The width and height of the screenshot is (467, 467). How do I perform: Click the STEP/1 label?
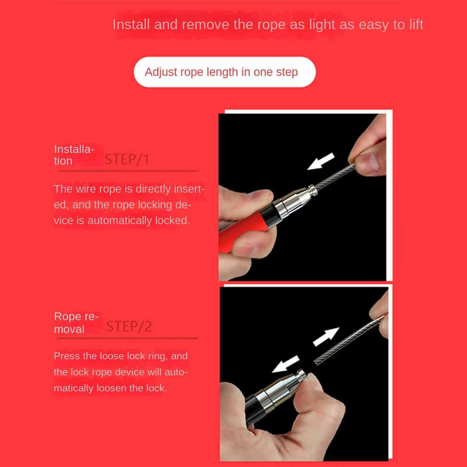tap(127, 160)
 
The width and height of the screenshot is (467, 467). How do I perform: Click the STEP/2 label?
tap(129, 327)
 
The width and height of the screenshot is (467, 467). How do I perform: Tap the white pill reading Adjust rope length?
tap(224, 72)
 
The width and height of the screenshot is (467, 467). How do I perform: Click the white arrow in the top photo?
tap(321, 161)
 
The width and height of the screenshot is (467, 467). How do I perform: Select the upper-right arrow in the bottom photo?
tap(326, 336)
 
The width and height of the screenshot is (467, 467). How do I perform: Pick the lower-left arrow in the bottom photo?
tap(286, 364)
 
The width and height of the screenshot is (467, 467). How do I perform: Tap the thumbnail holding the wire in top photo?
tap(368, 163)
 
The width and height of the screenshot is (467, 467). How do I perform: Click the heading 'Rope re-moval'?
tap(76, 323)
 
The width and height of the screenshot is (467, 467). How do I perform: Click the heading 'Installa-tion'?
tap(74, 155)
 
